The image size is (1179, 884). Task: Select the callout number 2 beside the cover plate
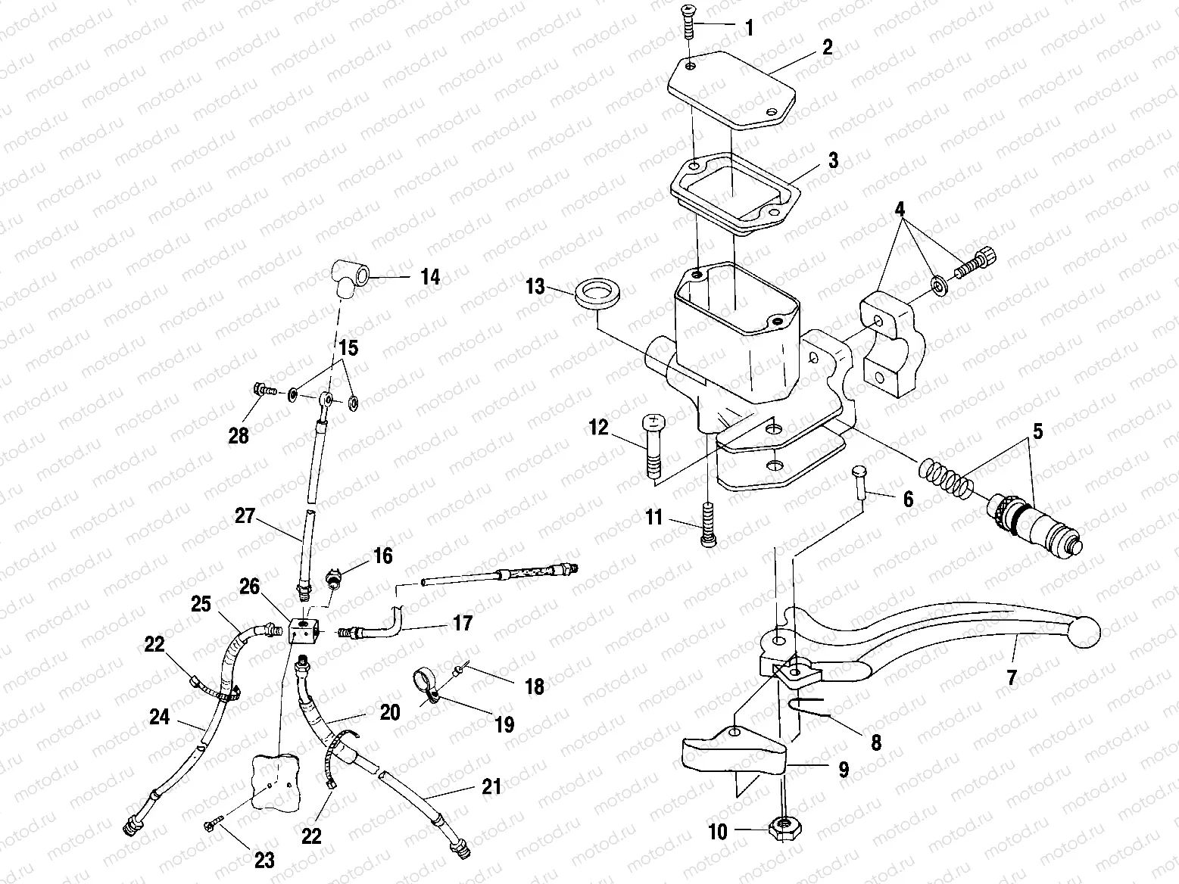(x=827, y=48)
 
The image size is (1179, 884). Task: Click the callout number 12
(x=599, y=428)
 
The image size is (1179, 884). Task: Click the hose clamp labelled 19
(x=426, y=679)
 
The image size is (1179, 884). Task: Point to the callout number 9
(x=843, y=770)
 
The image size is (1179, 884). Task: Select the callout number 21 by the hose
(x=491, y=787)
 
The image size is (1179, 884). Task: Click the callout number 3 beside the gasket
(x=832, y=160)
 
